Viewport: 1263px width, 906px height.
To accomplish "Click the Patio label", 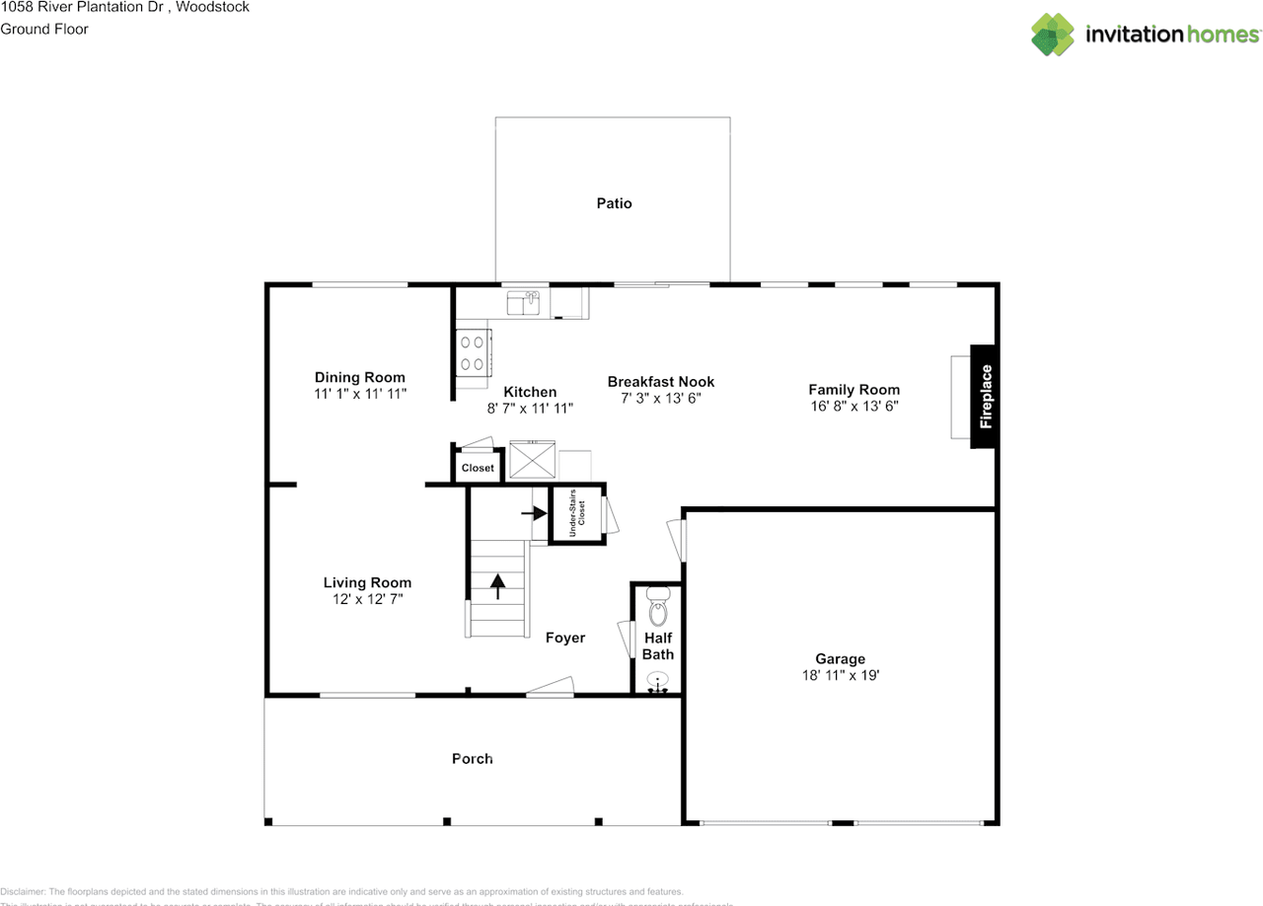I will click(x=614, y=203).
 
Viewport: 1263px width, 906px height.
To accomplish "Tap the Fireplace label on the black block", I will click(x=985, y=397).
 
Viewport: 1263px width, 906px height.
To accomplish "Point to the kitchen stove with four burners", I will click(x=473, y=353).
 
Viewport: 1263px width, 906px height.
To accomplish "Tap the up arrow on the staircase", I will click(x=498, y=587).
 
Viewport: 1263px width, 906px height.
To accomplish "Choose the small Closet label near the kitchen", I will click(x=478, y=468).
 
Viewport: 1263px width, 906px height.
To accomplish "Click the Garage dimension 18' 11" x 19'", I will click(x=840, y=676).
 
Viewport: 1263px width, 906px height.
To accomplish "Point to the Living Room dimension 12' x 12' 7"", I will click(x=367, y=598).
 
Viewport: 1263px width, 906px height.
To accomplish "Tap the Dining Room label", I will click(x=359, y=377).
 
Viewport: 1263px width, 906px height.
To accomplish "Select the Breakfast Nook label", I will click(x=660, y=382).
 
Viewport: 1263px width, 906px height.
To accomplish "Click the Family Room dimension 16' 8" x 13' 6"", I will click(x=854, y=406).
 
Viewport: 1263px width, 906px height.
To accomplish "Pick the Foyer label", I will click(x=565, y=638).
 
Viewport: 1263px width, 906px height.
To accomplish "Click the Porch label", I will click(x=472, y=758).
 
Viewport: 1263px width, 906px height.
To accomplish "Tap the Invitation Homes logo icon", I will click(x=1052, y=35).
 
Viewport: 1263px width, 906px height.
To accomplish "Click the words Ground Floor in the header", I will click(x=44, y=29).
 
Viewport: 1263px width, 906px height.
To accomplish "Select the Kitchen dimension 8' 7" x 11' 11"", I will click(x=530, y=408).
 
